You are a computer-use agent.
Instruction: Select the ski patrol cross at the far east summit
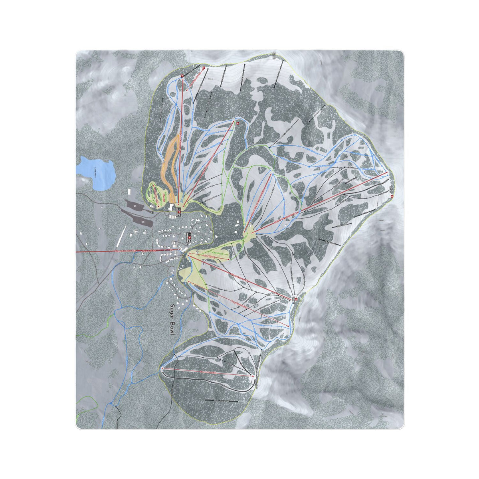(392, 196)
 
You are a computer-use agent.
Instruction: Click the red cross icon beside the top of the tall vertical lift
(182, 76)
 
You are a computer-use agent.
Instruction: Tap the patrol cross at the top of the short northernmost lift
(204, 68)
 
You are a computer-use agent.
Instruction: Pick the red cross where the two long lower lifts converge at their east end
(295, 299)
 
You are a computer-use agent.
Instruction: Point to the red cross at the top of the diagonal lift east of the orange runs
(237, 124)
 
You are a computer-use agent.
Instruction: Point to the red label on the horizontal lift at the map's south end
(208, 372)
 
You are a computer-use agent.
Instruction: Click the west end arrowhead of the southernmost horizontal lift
(162, 369)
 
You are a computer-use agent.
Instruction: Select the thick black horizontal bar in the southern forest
(221, 400)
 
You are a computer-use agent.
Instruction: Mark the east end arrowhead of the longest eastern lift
(388, 173)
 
